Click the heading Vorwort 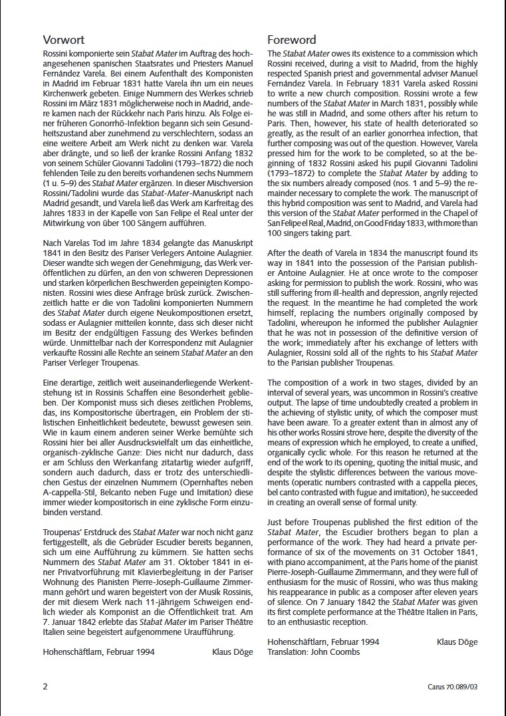point(64,40)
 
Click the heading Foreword point(292,40)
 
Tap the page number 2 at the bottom point(45,687)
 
